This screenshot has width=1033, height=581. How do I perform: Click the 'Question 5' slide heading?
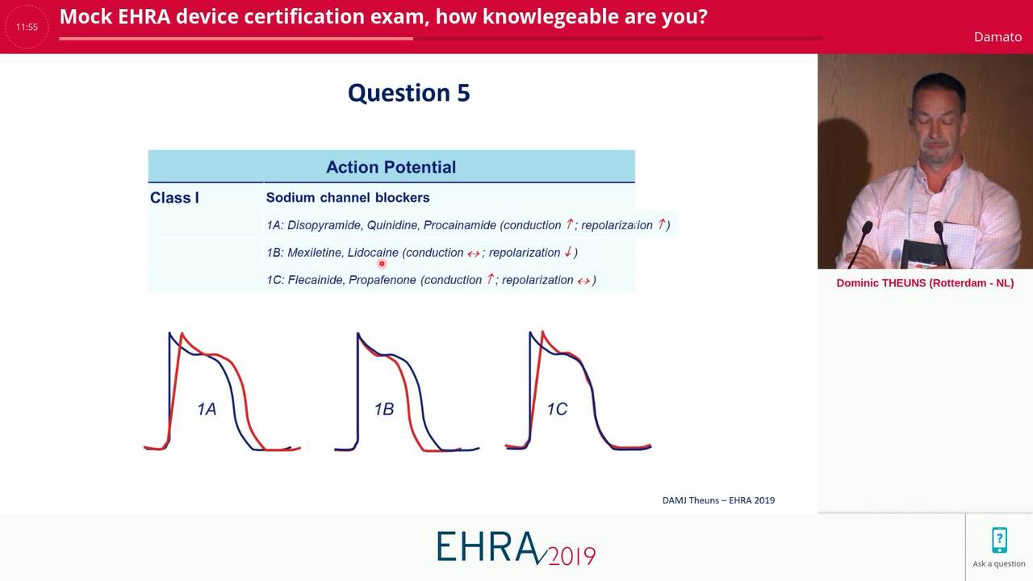coord(408,93)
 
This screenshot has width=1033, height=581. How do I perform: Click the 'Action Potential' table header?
coord(391,167)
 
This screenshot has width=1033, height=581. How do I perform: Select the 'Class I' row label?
coord(174,198)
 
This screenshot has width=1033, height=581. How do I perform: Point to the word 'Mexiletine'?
coord(316,253)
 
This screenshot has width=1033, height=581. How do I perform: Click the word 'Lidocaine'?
coord(373,253)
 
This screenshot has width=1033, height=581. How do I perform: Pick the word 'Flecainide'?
coord(316,280)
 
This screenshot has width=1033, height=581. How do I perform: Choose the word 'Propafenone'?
coord(383,280)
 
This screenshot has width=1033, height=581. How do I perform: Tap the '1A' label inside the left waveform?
coord(207,409)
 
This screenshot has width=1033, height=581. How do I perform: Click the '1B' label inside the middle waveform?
coord(383,409)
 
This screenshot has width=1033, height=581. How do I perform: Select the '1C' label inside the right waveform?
coord(557,409)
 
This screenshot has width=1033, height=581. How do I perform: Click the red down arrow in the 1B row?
coord(568,252)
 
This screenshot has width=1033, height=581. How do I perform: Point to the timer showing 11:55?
coord(27,27)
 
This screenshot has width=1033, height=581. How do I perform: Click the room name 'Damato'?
coord(997,37)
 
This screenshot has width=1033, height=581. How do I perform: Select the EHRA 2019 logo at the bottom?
coord(516,548)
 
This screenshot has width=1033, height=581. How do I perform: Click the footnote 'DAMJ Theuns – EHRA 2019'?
coord(718,500)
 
